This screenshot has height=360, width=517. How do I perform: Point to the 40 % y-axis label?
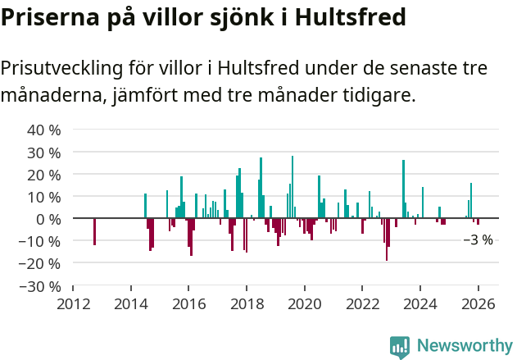coord(44,130)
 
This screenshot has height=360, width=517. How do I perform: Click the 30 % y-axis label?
coord(44,153)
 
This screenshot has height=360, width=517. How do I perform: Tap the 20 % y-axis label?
coord(44,175)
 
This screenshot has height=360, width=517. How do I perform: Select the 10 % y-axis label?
coord(44,197)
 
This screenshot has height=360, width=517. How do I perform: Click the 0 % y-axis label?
coord(48,219)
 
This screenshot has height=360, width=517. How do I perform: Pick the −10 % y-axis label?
coord(40,241)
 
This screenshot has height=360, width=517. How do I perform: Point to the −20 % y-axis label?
coord(40,263)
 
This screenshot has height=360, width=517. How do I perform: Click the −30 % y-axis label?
coord(40,286)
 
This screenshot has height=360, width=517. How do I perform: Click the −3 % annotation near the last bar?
coord(478,240)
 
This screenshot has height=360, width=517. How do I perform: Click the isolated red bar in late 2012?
coord(94,231)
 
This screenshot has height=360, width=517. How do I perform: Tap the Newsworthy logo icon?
coord(400,346)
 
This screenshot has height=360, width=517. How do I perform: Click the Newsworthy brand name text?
coord(464,346)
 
